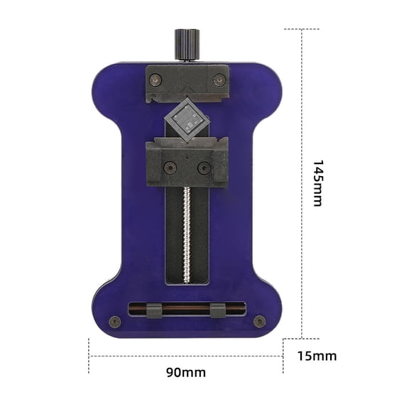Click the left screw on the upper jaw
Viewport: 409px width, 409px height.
(x=155, y=80)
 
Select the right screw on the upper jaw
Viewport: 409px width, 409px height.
(x=218, y=80)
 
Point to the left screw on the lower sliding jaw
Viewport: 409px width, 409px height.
(x=169, y=168)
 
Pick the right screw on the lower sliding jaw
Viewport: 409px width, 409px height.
(x=204, y=168)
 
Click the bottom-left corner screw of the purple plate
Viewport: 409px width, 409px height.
(x=114, y=321)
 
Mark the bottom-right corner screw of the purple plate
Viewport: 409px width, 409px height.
(x=260, y=321)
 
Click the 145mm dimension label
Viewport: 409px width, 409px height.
(x=317, y=182)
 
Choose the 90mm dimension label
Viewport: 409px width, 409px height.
(x=187, y=372)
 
